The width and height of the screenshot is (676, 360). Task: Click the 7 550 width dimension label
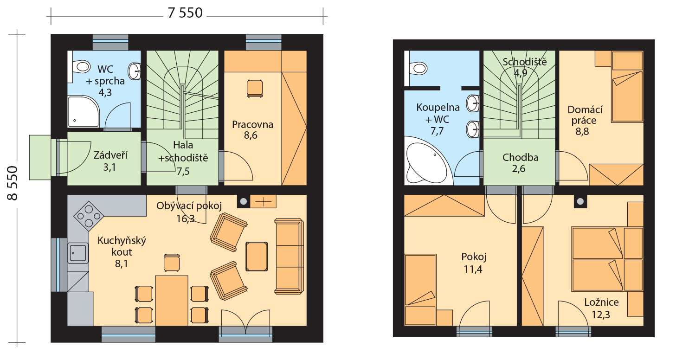click(x=185, y=13)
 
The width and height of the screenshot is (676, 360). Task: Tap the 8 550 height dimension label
click(x=13, y=183)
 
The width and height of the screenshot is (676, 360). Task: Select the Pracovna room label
click(x=252, y=125)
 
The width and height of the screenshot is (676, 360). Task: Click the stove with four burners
click(x=89, y=216)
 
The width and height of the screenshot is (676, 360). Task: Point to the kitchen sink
click(x=78, y=252)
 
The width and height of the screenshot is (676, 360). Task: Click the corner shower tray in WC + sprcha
click(x=84, y=112)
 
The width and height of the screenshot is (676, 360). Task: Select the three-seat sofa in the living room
click(x=289, y=256)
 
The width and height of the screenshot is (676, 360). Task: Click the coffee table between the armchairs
click(x=257, y=257)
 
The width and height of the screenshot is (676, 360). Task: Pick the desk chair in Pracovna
click(x=254, y=89)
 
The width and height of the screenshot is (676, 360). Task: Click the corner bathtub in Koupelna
click(x=426, y=163)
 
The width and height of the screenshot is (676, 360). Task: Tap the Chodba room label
click(x=520, y=158)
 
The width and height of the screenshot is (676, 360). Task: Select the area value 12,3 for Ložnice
click(x=600, y=315)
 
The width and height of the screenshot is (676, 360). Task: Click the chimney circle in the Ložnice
click(x=580, y=202)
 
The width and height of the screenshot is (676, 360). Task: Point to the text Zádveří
click(x=110, y=155)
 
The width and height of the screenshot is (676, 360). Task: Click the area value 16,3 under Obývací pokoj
click(x=185, y=218)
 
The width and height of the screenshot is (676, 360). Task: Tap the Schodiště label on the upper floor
click(x=524, y=62)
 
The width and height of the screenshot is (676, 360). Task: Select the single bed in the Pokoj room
click(x=420, y=289)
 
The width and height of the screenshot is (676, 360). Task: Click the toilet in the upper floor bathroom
click(x=418, y=68)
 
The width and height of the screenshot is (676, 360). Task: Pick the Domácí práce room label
click(x=585, y=115)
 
